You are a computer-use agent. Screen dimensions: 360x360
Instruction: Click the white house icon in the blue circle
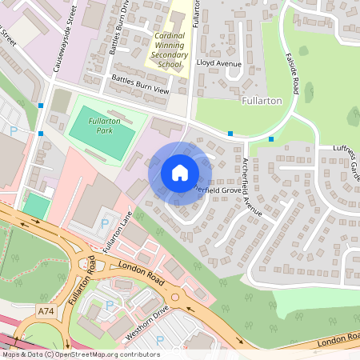[x=180, y=173]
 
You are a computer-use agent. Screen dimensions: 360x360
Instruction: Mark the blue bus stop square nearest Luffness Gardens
[x=271, y=139]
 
